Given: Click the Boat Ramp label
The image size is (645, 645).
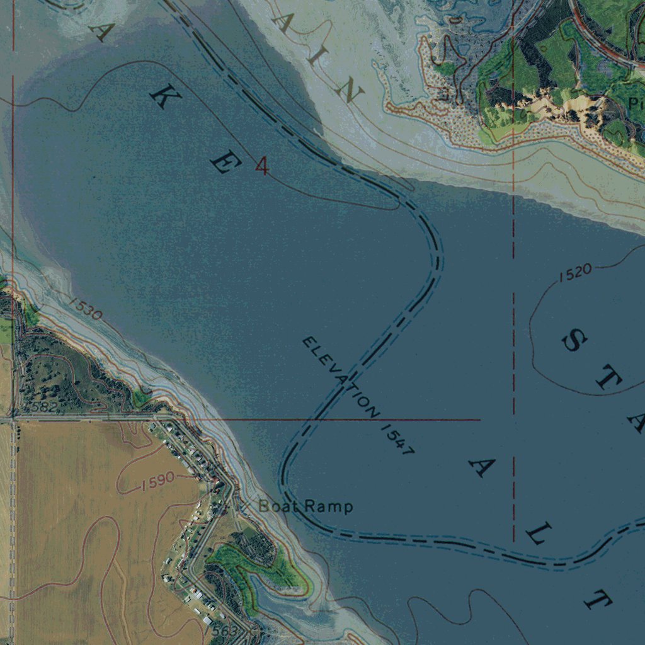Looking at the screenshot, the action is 305,506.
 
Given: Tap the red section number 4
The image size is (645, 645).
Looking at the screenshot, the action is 262,166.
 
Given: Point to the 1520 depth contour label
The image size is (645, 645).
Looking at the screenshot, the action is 574,272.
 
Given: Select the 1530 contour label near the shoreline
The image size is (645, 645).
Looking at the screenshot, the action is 85,308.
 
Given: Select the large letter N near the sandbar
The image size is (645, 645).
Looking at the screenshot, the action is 348,93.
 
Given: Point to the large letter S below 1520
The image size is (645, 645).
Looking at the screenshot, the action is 574,341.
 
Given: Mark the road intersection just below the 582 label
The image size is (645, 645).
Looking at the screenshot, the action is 14,417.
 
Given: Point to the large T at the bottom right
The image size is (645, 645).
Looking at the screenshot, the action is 598,600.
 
